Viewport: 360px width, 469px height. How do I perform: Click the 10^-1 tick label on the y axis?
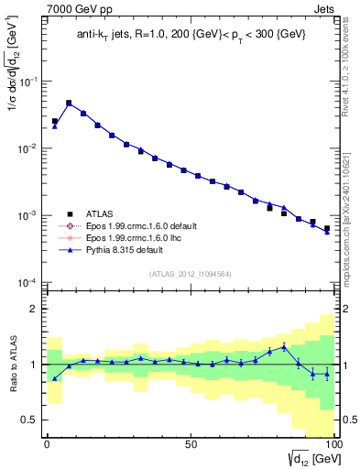29,82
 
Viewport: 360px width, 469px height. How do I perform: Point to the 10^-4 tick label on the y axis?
29,282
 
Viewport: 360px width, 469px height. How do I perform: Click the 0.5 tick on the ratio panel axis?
31,420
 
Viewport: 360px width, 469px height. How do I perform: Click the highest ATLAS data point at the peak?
69,104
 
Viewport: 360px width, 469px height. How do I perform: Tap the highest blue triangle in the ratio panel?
284,346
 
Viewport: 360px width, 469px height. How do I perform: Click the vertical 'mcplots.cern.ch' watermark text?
350,220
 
